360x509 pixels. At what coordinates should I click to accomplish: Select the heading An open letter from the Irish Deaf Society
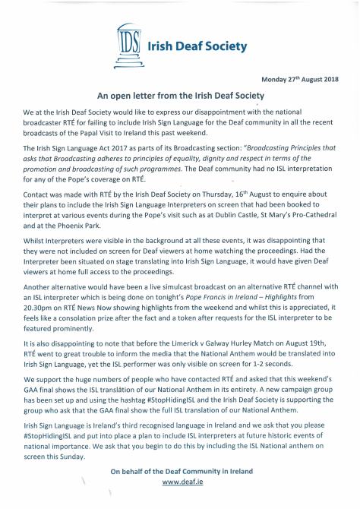pos(179,96)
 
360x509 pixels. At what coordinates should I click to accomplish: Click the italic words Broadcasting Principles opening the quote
pos(262,150)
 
